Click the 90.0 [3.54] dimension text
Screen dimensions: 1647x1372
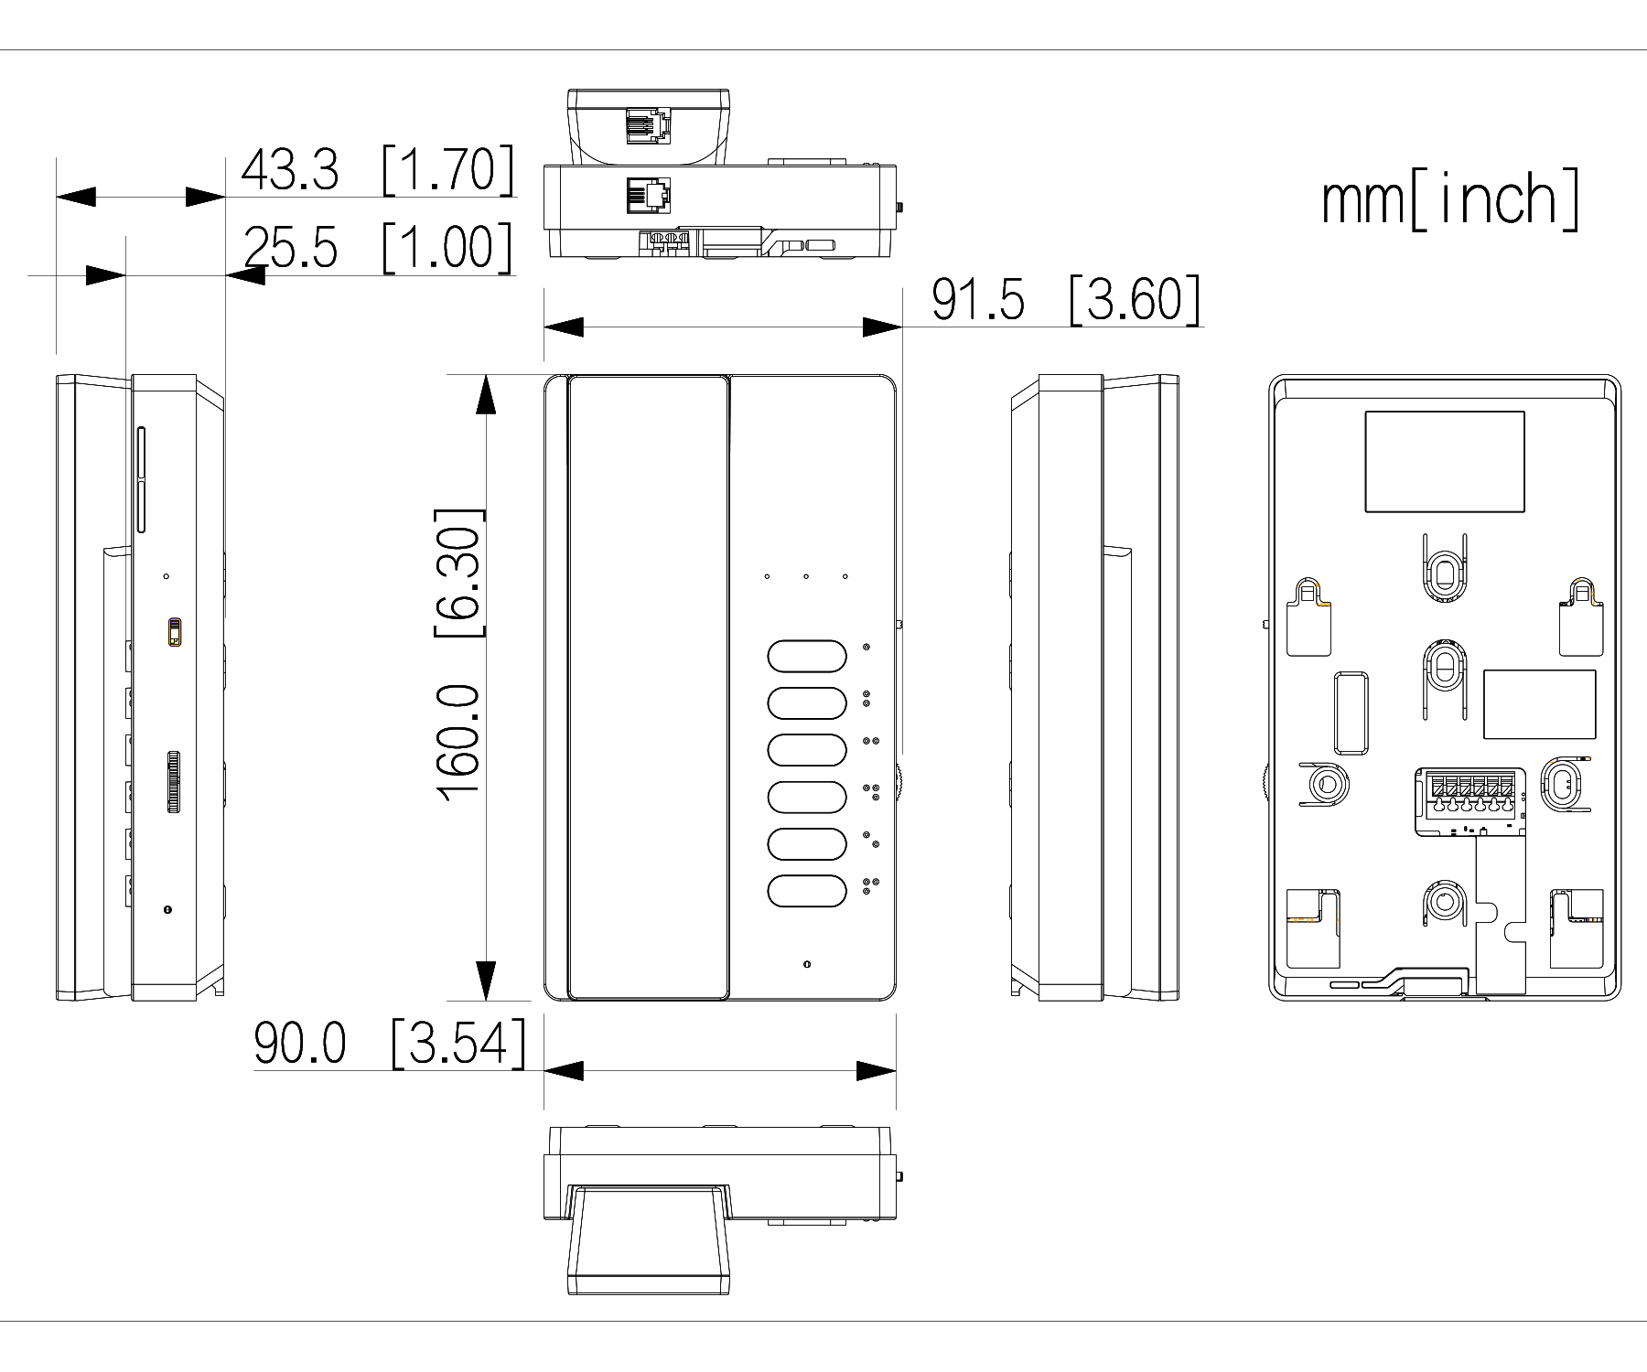pyautogui.click(x=391, y=1044)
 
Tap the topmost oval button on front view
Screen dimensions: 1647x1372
pyautogui.click(x=806, y=656)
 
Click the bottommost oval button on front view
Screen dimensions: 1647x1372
pyautogui.click(x=806, y=892)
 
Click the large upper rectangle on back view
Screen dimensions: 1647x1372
pyautogui.click(x=1445, y=461)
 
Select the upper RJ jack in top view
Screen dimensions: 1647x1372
pyautogui.click(x=648, y=125)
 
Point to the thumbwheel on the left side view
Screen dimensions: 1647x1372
pyautogui.click(x=173, y=783)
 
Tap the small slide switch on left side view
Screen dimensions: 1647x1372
pyautogui.click(x=175, y=632)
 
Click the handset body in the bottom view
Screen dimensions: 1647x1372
pyautogui.click(x=649, y=1239)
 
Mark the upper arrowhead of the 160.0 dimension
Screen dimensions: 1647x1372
pyautogui.click(x=486, y=395)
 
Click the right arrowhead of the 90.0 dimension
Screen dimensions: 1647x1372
pyautogui.click(x=876, y=1071)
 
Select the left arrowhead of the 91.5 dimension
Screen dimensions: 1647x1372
pyautogui.click(x=564, y=327)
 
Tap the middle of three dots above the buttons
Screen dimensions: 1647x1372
pyautogui.click(x=806, y=576)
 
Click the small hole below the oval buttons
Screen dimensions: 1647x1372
pyautogui.click(x=806, y=965)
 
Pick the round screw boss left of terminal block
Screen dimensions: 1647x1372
pyautogui.click(x=1324, y=783)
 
